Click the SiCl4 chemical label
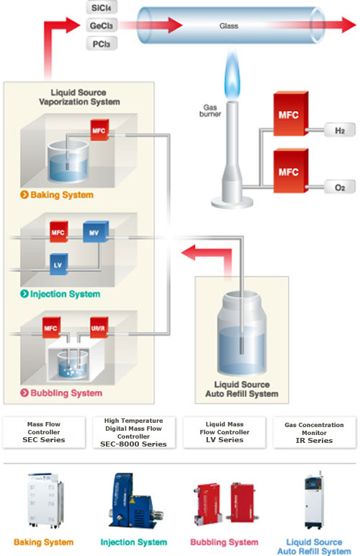102,7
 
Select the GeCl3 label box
102,25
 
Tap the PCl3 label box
102,44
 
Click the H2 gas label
339,130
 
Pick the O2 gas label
339,187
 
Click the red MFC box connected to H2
291,114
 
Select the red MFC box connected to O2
291,171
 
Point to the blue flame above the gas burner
232,75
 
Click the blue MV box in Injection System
96,232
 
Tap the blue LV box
59,264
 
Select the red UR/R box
99,327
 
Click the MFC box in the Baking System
99,130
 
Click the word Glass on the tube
229,26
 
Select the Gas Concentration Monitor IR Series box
315,433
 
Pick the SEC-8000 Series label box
134,433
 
